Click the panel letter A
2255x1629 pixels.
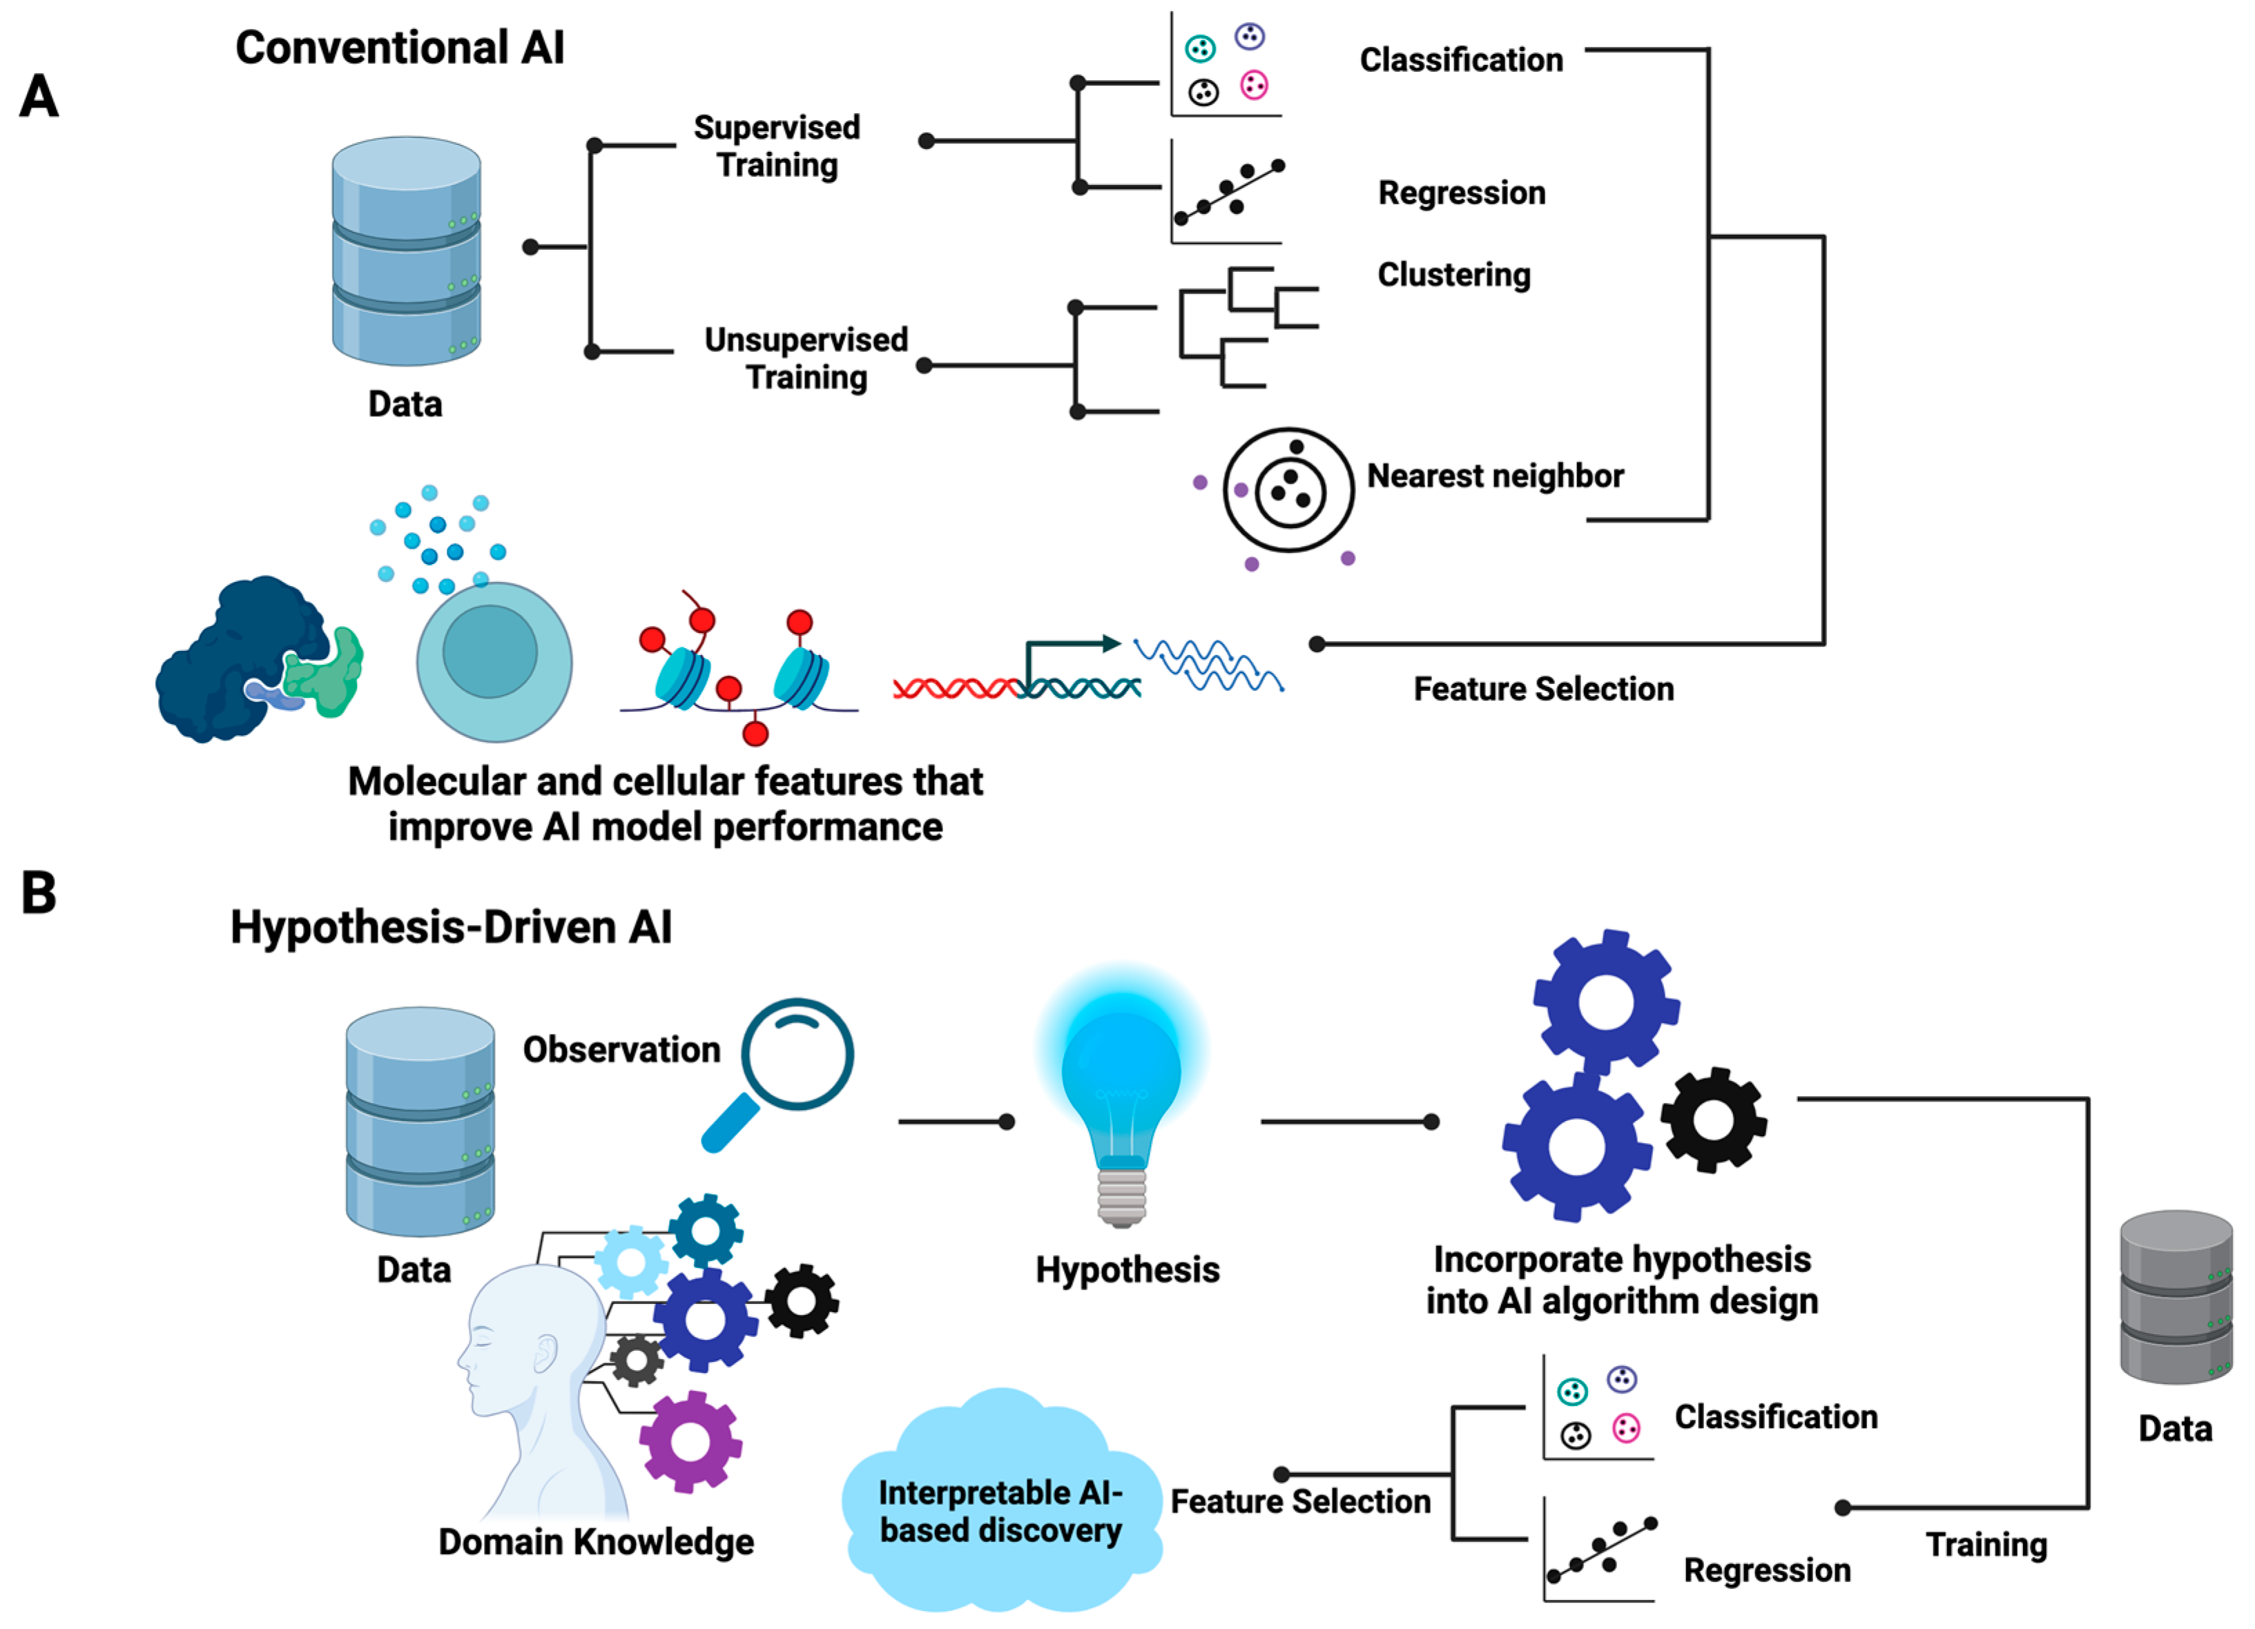pos(40,97)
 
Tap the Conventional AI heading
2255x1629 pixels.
pos(400,48)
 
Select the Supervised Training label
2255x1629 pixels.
pos(777,146)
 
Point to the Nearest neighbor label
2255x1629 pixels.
pos(1494,476)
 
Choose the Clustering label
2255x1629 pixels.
pos(1453,274)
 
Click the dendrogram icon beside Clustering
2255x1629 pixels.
pos(1247,326)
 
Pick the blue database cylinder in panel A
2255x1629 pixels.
pos(406,251)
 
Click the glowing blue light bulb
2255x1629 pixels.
pos(1121,1093)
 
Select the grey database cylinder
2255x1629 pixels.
pos(2176,1296)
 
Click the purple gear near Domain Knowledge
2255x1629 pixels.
pos(690,1441)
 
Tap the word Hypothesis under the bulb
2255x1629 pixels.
pos(1127,1269)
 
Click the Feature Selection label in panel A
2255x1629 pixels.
pos(1543,689)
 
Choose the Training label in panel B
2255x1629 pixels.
pos(1986,1545)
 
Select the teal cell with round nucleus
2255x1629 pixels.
pos(494,661)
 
